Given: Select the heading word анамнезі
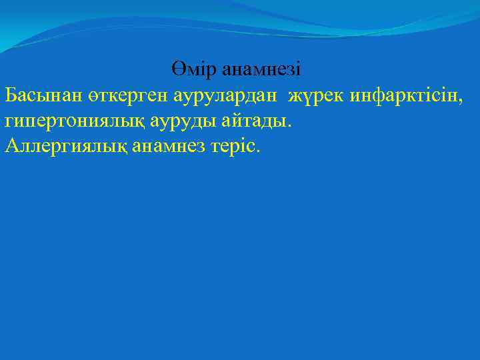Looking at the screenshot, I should [x=262, y=69].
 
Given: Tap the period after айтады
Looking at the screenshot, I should [x=289, y=125].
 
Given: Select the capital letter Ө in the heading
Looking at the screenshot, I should [x=177, y=69].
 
